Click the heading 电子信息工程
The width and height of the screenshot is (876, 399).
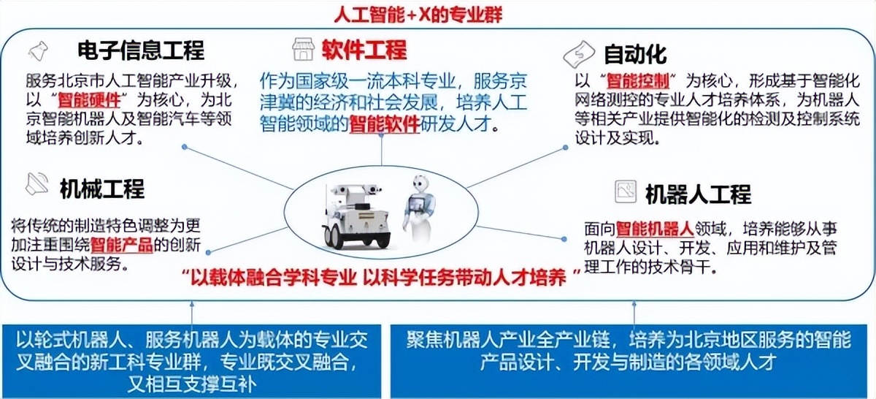141,50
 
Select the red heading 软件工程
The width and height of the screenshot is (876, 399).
364,50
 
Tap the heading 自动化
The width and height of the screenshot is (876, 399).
635,53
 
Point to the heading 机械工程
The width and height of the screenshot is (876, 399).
102,189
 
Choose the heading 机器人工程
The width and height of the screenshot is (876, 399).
698,194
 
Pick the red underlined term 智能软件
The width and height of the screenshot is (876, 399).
385,124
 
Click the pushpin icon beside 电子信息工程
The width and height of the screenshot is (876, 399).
37,51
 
